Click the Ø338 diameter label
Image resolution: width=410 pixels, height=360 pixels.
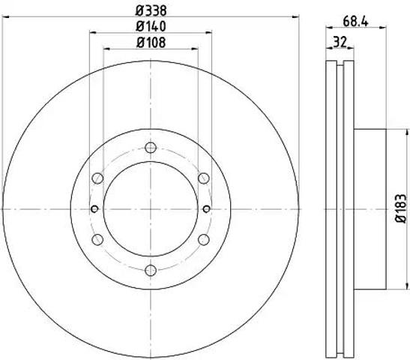pos(151,11)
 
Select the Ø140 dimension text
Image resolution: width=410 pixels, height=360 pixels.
pos(151,26)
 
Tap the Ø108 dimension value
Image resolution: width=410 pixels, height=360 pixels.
pos(151,43)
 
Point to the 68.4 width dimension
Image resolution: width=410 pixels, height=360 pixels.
pos(355,22)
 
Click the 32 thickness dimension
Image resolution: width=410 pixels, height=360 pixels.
pos(340,42)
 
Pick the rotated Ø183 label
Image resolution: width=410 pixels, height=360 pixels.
pos(401,208)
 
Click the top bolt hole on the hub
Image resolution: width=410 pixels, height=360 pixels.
pos(151,148)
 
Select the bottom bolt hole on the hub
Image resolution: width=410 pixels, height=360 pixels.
pos(151,270)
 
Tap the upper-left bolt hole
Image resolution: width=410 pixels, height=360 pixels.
pos(97,178)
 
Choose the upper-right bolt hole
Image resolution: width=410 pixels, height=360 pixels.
pos(204,178)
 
